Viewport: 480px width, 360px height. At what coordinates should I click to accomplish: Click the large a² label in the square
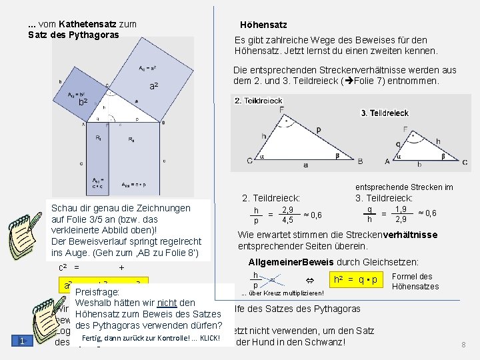(x=153, y=87)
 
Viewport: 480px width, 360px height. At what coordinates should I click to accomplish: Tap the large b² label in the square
(x=83, y=102)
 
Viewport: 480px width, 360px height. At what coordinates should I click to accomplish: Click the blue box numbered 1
(x=22, y=341)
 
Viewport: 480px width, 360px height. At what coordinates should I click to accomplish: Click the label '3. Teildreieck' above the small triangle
(x=385, y=113)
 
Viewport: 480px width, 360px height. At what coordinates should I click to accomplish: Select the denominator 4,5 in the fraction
(x=287, y=220)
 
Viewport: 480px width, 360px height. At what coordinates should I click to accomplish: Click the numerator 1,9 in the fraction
(x=401, y=209)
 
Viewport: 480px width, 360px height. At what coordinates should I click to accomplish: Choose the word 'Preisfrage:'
(x=97, y=293)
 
